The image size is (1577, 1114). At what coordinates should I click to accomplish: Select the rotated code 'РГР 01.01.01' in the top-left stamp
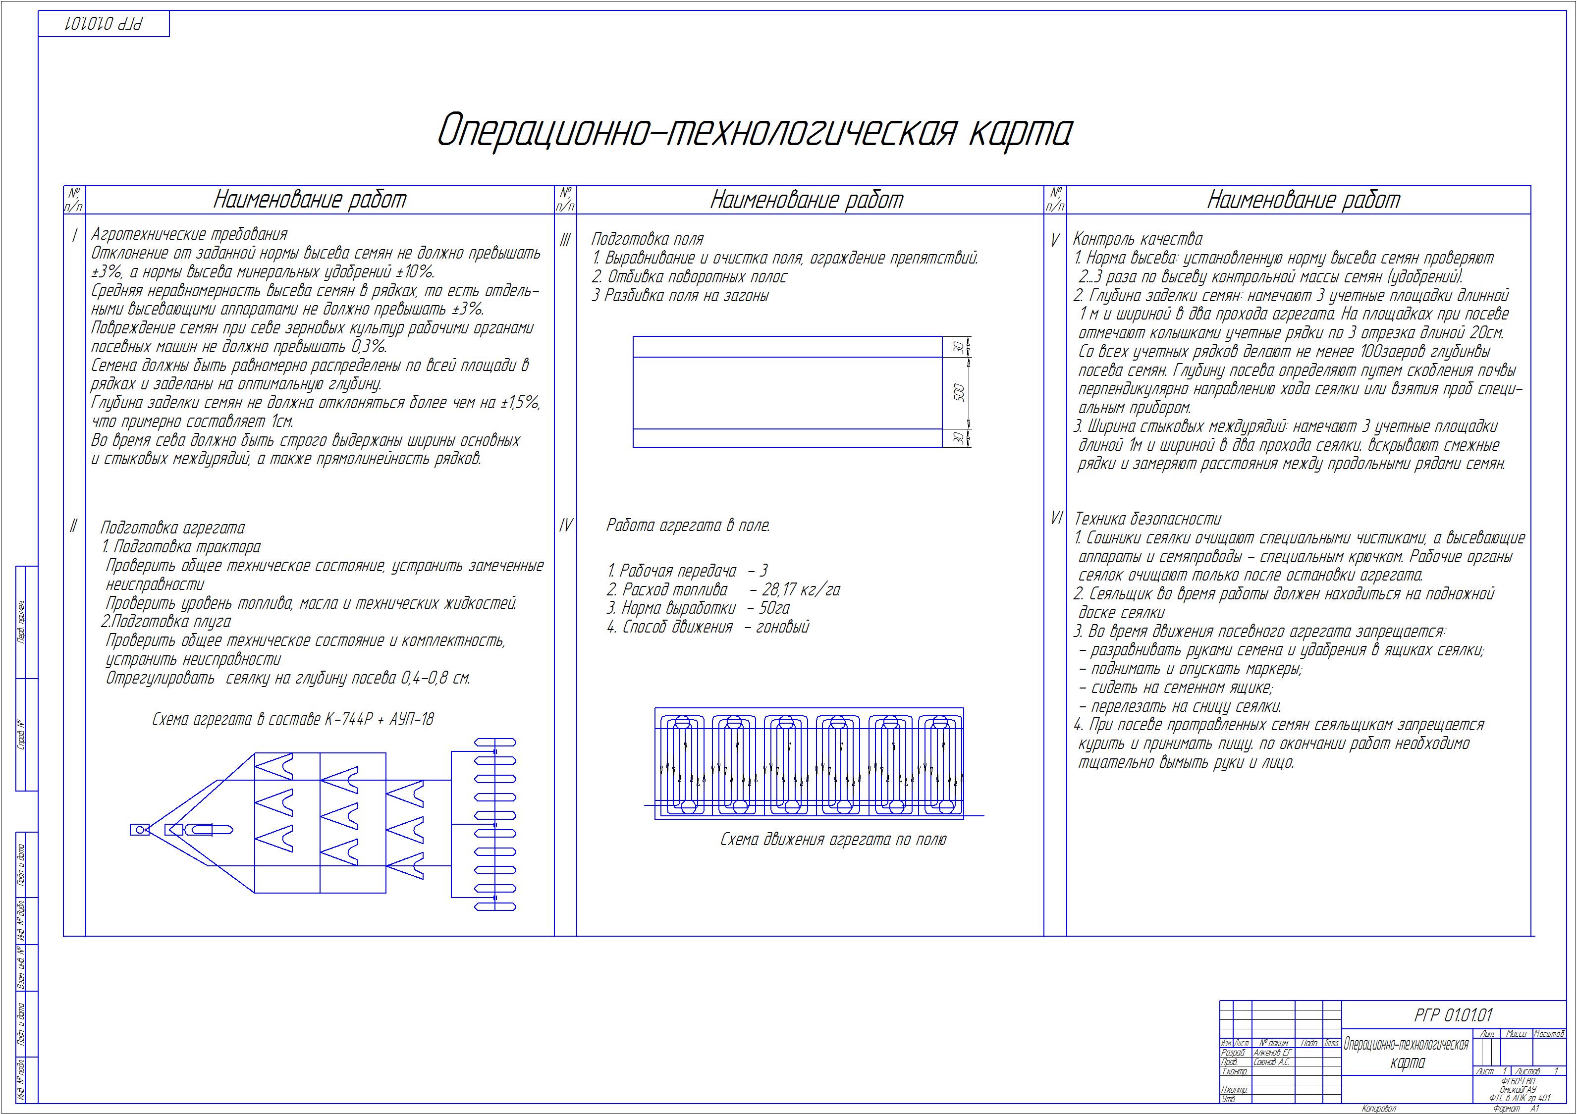click(x=103, y=24)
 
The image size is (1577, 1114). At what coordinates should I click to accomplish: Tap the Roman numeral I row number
click(x=74, y=236)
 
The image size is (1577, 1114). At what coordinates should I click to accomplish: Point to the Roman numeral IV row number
click(x=565, y=526)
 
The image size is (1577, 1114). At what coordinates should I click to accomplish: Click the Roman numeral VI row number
click(x=1056, y=519)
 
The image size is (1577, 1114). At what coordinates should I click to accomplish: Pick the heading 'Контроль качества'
click(x=1138, y=240)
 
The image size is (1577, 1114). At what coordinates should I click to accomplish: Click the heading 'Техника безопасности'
click(x=1148, y=519)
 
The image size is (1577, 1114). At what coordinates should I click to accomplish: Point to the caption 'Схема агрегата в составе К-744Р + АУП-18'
click(x=293, y=720)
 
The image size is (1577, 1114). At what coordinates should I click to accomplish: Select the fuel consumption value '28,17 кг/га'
click(x=801, y=590)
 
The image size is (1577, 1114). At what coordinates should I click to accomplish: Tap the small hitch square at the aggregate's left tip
click(x=139, y=830)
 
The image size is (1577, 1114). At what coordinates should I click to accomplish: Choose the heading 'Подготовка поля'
click(x=647, y=240)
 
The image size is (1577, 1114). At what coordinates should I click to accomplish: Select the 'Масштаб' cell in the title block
click(x=1548, y=1034)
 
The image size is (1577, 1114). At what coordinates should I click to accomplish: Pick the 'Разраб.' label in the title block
click(x=1233, y=1052)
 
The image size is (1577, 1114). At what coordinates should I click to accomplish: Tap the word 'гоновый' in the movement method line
click(x=782, y=627)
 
